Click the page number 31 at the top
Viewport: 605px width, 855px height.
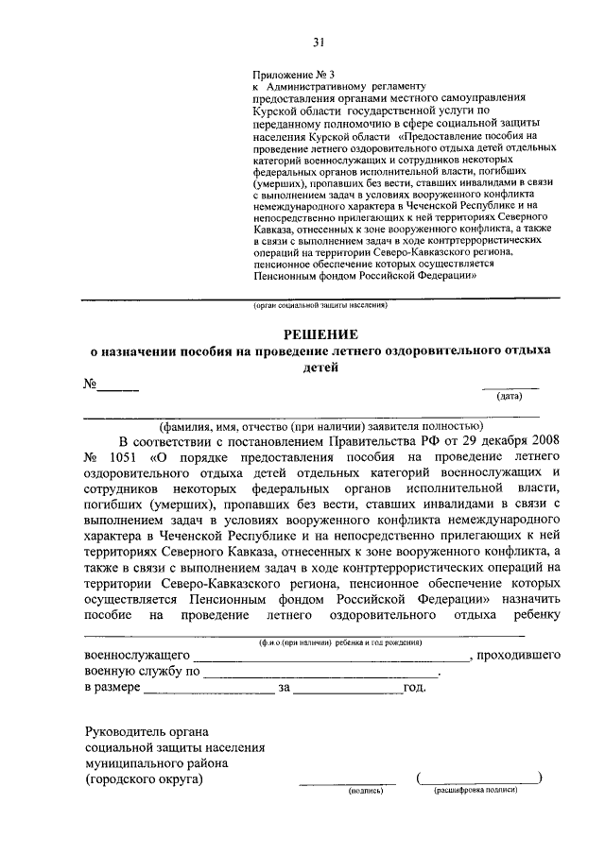(319, 41)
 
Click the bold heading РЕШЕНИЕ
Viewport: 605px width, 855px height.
(322, 334)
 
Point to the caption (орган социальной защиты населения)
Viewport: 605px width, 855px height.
(320, 306)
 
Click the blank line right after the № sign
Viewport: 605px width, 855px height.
(119, 388)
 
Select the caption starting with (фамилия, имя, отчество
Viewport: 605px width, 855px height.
(315, 425)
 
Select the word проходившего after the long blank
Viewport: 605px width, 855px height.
(519, 655)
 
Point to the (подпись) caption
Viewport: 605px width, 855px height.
(365, 790)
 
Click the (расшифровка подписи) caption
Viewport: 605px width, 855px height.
(476, 790)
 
